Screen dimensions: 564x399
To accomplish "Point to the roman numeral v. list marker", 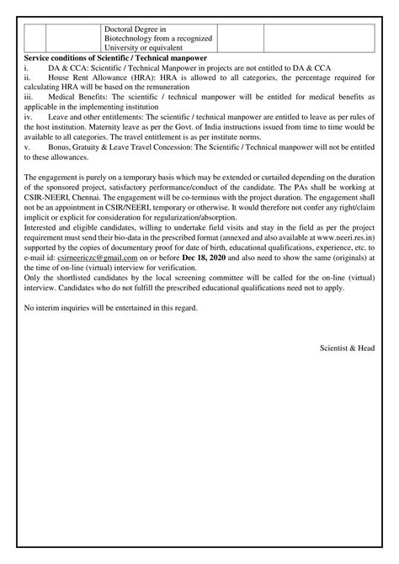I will click(28, 148).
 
